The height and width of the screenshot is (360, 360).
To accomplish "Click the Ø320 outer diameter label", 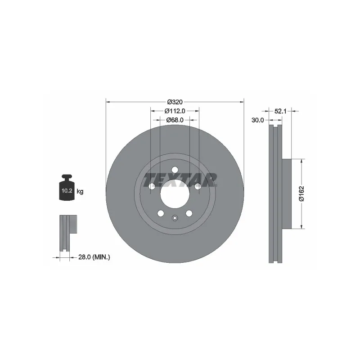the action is [x=175, y=102].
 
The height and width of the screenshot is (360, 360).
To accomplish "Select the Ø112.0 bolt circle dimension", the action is [x=175, y=111].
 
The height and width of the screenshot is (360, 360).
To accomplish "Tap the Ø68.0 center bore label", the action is [x=175, y=120].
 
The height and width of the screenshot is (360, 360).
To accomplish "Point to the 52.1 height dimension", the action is [x=280, y=111].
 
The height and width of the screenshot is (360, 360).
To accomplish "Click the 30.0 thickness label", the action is [x=257, y=120].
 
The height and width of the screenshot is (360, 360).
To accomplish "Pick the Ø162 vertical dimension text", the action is [x=301, y=193].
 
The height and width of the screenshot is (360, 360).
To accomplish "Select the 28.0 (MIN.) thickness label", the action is [x=94, y=257].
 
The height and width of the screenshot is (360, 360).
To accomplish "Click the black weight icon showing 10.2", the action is [x=67, y=188].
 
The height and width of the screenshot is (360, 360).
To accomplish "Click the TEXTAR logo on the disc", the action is [x=180, y=180].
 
